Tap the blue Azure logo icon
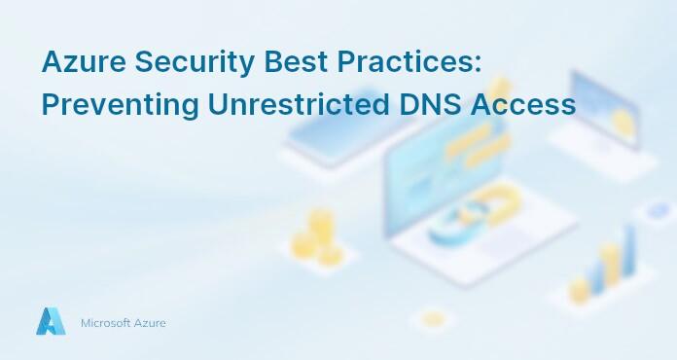(x=50, y=322)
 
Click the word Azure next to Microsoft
(x=151, y=323)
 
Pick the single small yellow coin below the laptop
(x=433, y=317)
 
